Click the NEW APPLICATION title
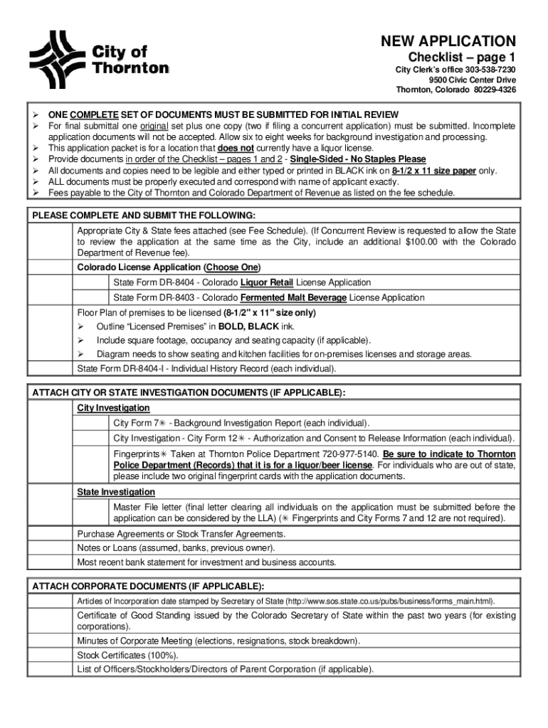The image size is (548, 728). point(448,41)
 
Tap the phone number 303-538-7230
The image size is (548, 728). point(490,70)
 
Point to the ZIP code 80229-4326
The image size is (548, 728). point(493,90)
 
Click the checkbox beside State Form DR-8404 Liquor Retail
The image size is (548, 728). point(94,282)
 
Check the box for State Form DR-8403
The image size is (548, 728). point(94,298)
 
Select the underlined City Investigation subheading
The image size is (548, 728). point(113,408)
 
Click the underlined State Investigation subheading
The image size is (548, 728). point(116,492)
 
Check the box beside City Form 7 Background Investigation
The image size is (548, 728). point(94,423)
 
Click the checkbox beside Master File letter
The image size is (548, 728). point(94,513)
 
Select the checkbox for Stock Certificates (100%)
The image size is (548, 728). point(52,655)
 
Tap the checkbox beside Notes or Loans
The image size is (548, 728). point(52,548)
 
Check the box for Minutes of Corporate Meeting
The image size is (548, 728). point(52,641)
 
